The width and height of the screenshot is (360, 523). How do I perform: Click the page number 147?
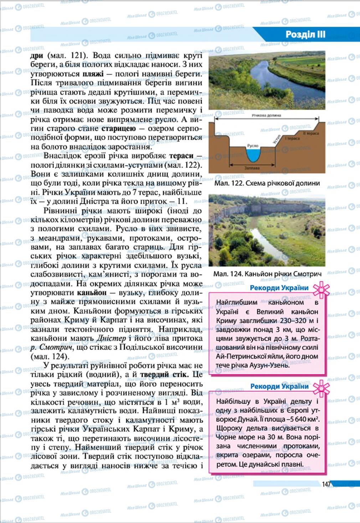tap(326, 484)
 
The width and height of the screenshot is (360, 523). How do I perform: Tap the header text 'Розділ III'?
tap(305, 35)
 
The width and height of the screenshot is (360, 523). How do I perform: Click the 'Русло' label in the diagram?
tap(253, 146)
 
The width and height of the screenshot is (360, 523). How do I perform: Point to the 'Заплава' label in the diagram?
tap(252, 168)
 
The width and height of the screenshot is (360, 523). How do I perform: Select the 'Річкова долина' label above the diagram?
tap(266, 115)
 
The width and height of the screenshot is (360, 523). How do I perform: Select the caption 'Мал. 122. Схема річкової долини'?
tap(267, 183)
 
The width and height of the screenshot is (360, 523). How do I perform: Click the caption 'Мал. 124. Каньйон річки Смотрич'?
tap(267, 274)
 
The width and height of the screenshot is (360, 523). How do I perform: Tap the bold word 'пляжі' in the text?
tap(93, 74)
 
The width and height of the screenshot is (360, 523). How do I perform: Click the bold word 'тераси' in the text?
tap(181, 155)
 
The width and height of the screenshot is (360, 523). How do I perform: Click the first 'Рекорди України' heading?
tap(279, 288)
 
